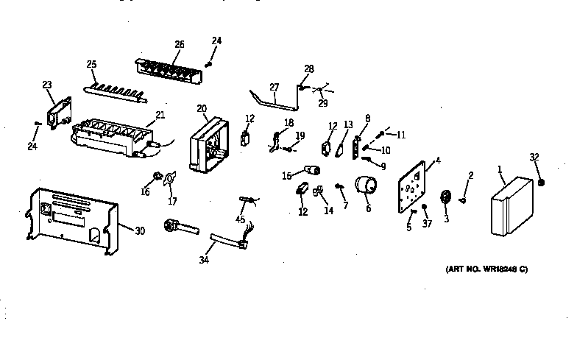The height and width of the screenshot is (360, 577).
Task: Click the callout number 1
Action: pyautogui.click(x=500, y=170)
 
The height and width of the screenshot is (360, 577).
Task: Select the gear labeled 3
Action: pyautogui.click(x=445, y=200)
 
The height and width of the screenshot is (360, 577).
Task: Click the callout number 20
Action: pyautogui.click(x=202, y=108)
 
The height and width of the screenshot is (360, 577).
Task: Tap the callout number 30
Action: pyautogui.click(x=140, y=230)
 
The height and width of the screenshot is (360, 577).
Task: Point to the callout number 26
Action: pyautogui.click(x=179, y=43)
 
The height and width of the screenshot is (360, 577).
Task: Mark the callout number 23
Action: pyautogui.click(x=47, y=85)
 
